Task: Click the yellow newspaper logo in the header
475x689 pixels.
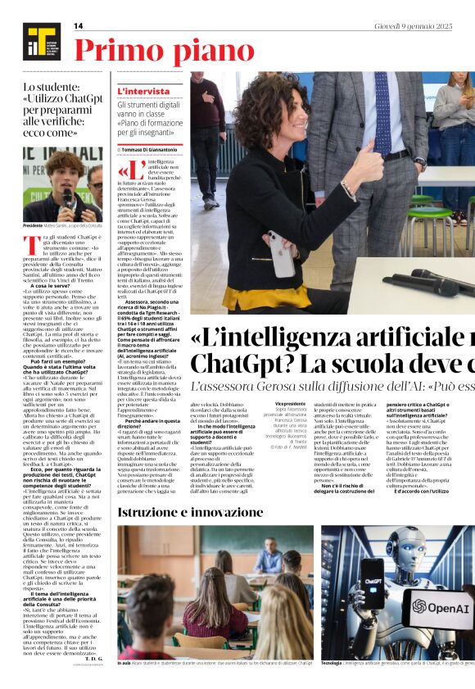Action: coord(37,39)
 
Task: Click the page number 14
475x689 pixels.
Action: coord(79,26)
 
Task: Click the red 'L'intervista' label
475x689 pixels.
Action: coord(143,91)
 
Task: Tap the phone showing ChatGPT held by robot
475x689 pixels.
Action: coord(372,582)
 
